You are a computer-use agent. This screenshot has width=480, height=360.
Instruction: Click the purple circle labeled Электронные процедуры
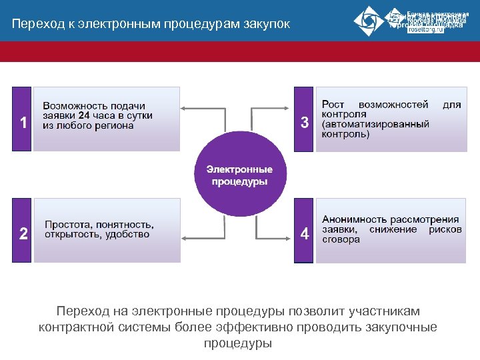coord(239,175)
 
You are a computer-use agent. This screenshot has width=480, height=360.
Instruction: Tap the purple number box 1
coord(23,120)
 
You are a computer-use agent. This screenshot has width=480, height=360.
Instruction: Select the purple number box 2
coord(23,231)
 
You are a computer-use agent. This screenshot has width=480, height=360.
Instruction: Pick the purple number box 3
coord(304,120)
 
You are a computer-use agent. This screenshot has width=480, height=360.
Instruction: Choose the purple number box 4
coord(304,231)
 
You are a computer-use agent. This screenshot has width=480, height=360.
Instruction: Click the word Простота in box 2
coord(65,225)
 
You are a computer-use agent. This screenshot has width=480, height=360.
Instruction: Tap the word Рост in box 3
coord(333,105)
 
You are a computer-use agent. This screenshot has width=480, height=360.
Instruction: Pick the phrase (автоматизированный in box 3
coord(375,125)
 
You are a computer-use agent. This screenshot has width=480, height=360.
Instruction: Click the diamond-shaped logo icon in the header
coord(369,21)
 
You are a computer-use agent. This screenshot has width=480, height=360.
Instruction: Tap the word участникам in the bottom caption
coord(385,311)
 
